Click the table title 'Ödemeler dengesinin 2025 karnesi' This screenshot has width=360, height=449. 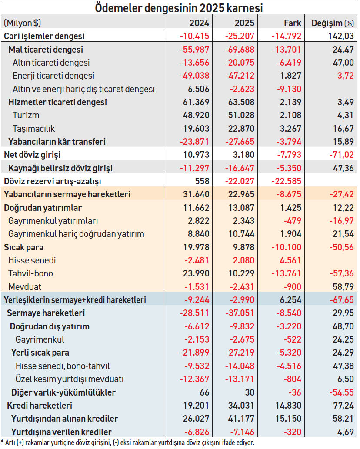[179, 8]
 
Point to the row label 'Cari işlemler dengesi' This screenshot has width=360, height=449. [44, 36]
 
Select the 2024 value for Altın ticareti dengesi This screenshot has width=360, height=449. [195, 63]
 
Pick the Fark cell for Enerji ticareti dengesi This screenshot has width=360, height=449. [290, 76]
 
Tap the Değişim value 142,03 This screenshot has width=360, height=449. [340, 36]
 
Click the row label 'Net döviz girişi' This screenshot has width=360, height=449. [32, 155]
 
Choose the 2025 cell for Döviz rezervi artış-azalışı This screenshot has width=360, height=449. [240, 181]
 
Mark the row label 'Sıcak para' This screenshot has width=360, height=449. [24, 247]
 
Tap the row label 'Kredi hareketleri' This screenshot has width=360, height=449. [40, 406]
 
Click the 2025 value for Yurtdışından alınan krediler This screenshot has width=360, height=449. [240, 419]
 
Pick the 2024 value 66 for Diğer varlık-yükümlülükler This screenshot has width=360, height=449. [204, 392]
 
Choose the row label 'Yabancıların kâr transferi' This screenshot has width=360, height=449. [57, 142]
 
